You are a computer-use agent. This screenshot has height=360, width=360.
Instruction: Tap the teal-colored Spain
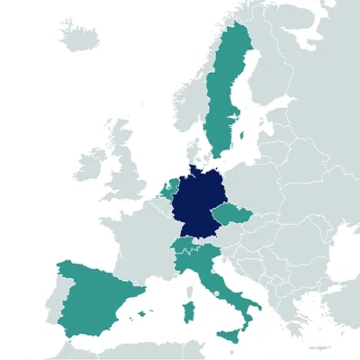[94, 297]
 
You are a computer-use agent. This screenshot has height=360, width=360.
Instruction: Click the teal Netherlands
[170, 189]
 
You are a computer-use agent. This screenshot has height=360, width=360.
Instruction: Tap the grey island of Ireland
[90, 166]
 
